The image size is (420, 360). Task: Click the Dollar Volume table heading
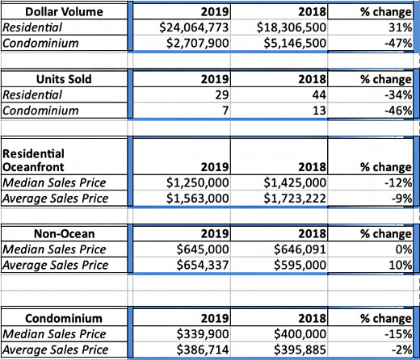point(64,12)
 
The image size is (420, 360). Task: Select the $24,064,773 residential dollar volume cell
point(194,27)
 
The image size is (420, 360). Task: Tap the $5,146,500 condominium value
point(295,43)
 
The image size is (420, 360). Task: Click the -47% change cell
point(398,43)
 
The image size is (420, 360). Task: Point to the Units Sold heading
point(64,79)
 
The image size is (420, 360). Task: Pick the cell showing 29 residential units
point(222,95)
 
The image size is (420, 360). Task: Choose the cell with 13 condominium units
point(319,111)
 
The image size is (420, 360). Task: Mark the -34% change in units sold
point(398,95)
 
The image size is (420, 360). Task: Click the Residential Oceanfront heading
point(33,161)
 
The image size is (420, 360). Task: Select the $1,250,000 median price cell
point(198,182)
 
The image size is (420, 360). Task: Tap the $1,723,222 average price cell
point(295,199)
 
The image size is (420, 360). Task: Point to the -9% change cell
point(401,199)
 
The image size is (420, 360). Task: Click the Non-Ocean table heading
point(65,234)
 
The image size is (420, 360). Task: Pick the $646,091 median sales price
point(300,249)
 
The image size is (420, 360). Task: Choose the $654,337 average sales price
point(203,265)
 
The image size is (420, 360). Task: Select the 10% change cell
point(401,266)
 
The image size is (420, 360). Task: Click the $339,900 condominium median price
point(203,334)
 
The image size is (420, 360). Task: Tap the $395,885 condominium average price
point(300,350)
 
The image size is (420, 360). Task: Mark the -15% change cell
point(398,334)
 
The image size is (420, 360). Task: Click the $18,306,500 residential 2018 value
point(292,27)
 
